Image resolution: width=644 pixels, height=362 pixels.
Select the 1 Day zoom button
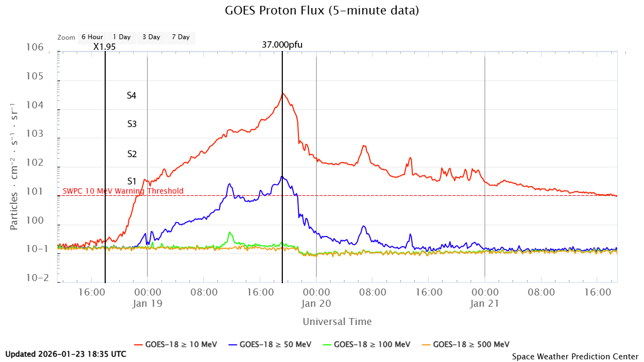pos(121,37)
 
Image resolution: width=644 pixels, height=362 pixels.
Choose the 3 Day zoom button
pos(151,37)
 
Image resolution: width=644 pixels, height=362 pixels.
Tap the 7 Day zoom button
pos(180,37)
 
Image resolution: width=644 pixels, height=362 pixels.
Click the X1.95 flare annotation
pos(104,46)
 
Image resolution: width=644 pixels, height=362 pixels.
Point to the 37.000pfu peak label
pos(282,45)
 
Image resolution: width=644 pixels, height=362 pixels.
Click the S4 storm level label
pos(131,95)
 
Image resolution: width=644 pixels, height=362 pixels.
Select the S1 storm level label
pos(131,181)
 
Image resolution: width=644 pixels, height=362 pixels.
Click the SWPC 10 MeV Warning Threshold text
pos(123,191)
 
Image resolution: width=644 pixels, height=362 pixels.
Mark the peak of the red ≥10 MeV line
pos(282,93)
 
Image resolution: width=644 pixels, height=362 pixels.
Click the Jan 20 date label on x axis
pos(316,303)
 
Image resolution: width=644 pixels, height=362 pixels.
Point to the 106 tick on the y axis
pos(34,47)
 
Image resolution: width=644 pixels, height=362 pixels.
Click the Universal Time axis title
pos(336,322)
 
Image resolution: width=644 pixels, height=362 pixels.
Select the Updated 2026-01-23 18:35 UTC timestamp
pos(66,354)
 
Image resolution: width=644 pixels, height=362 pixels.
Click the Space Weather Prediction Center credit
pos(575,356)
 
